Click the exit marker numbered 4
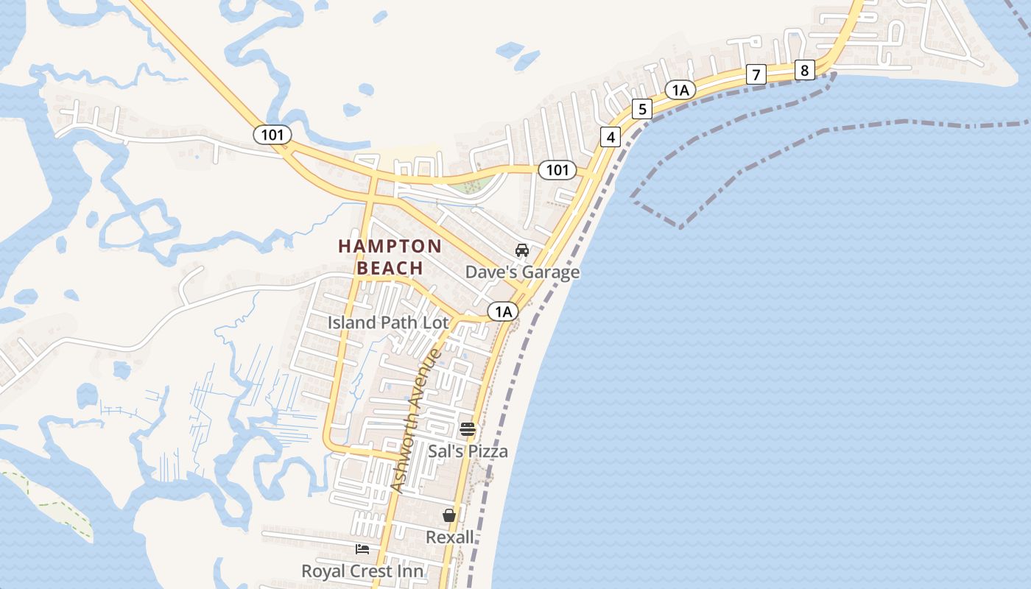coord(610,136)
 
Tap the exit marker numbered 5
coord(642,109)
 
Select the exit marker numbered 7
coord(756,74)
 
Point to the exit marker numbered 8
coord(804,70)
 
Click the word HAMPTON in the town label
coord(390,247)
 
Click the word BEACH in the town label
coord(390,268)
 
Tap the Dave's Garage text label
coord(522,272)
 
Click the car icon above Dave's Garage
coord(522,250)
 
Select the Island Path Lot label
coord(388,322)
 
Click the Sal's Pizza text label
coord(468,451)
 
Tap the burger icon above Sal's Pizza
coord(468,429)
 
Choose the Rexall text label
coord(450,537)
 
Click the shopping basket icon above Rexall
coord(449,515)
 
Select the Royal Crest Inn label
coord(362,571)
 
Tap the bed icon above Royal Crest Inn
coord(362,549)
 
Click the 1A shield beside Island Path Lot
coord(503,311)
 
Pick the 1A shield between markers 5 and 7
coord(680,90)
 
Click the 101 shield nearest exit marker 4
coord(557,170)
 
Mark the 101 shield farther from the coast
coord(272,135)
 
